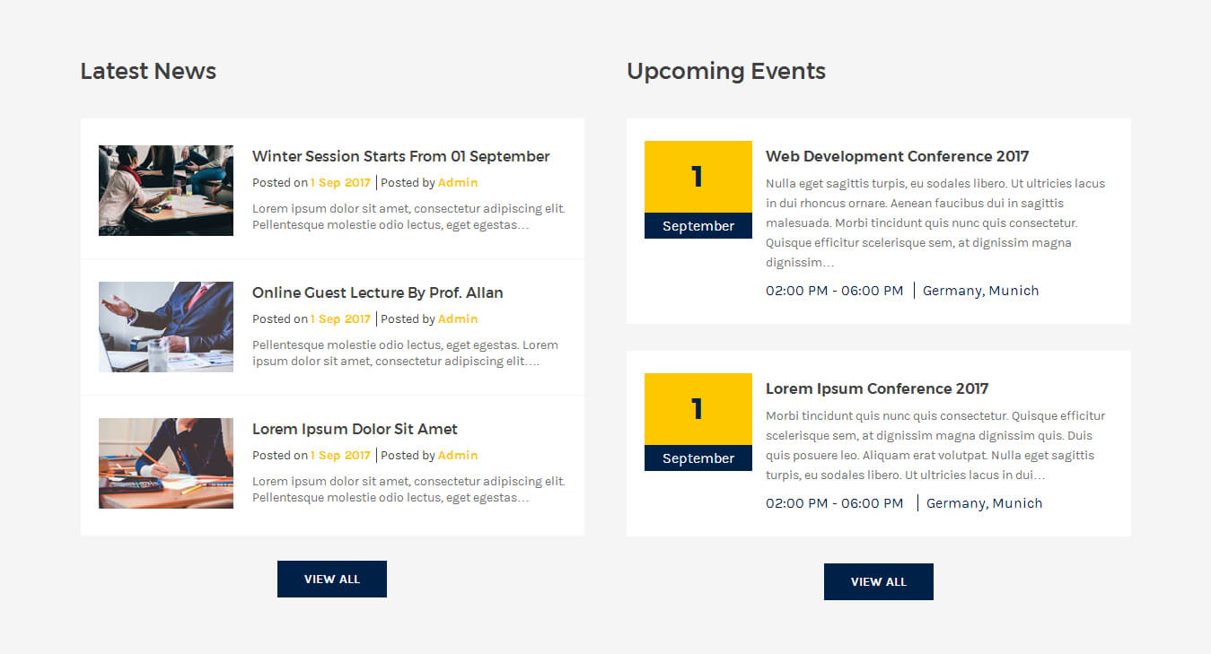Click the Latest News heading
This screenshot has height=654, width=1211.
tap(148, 72)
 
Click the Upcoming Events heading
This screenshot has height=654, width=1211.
tap(726, 72)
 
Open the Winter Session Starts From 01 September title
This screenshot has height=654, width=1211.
tap(400, 156)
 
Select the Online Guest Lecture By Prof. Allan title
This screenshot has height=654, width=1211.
tap(377, 292)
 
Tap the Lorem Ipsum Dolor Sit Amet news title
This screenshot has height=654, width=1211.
tap(355, 429)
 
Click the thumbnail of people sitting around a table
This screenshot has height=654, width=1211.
tap(166, 190)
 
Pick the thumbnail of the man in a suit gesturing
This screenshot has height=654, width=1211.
tap(166, 327)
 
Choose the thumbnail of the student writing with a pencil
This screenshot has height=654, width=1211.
tap(166, 463)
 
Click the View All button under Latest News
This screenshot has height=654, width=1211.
tap(332, 579)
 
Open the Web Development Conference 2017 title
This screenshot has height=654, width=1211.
tap(897, 156)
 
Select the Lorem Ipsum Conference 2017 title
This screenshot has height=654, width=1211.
tap(877, 388)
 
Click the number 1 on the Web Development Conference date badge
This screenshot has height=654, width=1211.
tap(697, 177)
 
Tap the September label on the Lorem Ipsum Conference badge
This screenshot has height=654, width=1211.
tap(698, 458)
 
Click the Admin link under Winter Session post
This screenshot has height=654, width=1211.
tap(458, 183)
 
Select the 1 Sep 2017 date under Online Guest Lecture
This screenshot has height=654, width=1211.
tap(340, 318)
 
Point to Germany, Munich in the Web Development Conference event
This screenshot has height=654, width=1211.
tap(980, 291)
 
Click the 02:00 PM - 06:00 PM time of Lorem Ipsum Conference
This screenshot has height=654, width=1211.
tap(834, 503)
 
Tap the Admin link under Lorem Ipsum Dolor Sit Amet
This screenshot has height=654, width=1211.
tap(458, 455)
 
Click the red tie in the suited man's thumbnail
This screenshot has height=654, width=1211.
tap(197, 296)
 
